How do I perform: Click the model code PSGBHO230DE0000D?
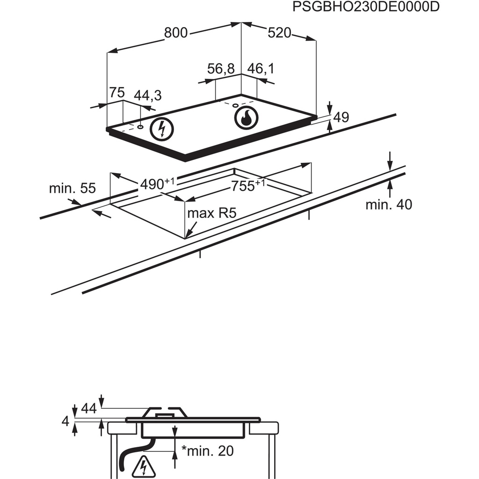(x=366, y=7)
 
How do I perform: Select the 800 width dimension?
(x=176, y=33)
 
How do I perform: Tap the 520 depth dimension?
(x=279, y=33)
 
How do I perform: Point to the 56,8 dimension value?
(x=220, y=69)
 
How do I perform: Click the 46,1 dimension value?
(x=261, y=69)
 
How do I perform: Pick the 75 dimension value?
(x=117, y=93)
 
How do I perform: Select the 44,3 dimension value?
(x=147, y=95)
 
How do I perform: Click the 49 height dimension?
(x=341, y=117)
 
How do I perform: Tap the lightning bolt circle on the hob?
(x=162, y=129)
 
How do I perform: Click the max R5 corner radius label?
(x=212, y=214)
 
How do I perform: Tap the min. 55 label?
(x=72, y=189)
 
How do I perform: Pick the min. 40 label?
(x=389, y=204)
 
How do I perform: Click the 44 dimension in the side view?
(x=88, y=408)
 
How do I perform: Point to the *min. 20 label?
(x=207, y=451)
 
